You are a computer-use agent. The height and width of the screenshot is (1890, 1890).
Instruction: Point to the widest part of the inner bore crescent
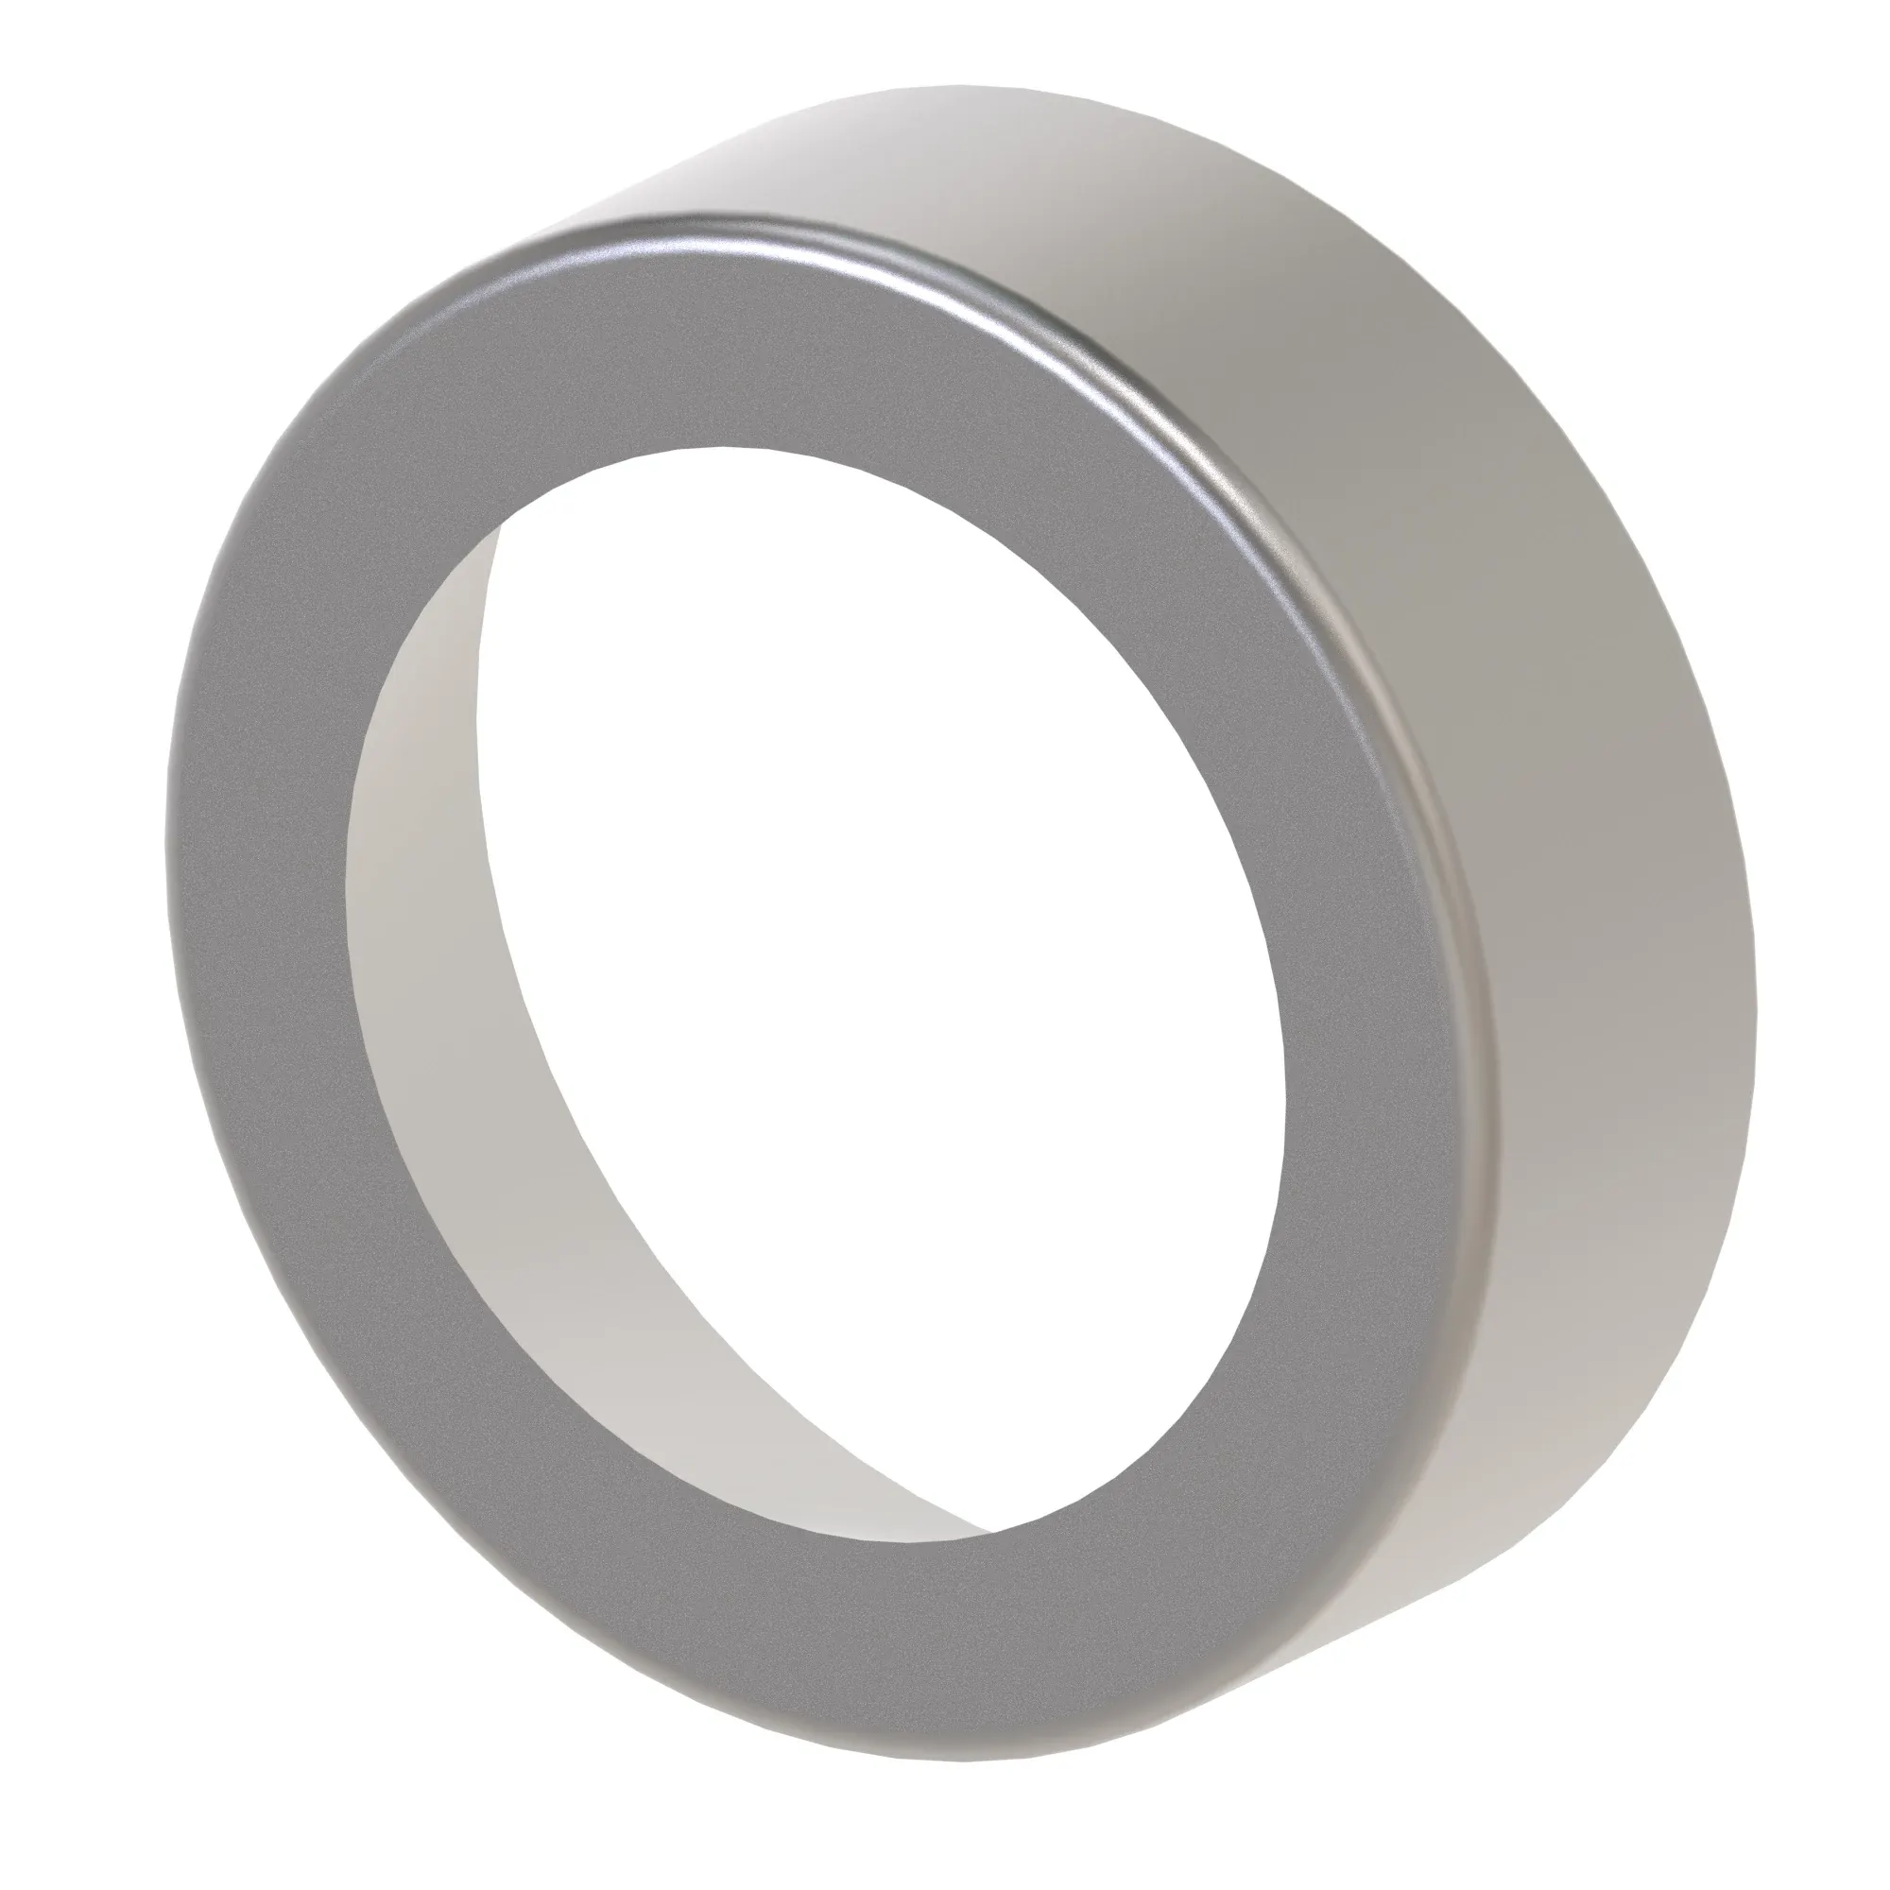(421, 978)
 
